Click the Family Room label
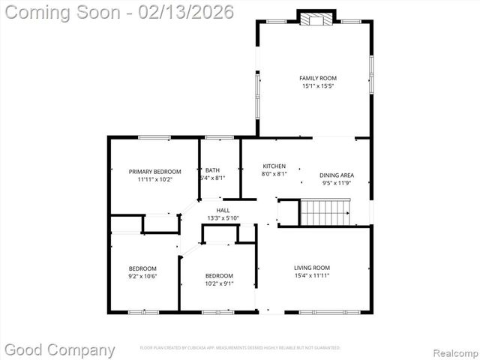pyautogui.click(x=318, y=78)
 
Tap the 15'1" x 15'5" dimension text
pyautogui.click(x=318, y=86)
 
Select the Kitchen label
pyautogui.click(x=274, y=166)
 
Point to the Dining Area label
pyautogui.click(x=337, y=175)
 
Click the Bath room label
pyautogui.click(x=212, y=170)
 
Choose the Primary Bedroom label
pyautogui.click(x=154, y=172)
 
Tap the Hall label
pyautogui.click(x=223, y=210)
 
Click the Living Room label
pyautogui.click(x=311, y=268)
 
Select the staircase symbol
pyautogui.click(x=325, y=211)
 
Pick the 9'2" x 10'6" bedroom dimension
pyautogui.click(x=142, y=277)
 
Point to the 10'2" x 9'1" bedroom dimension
pyautogui.click(x=219, y=283)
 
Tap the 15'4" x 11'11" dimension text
pyautogui.click(x=311, y=276)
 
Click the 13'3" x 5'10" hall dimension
pyautogui.click(x=223, y=218)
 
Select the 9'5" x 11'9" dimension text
pyautogui.click(x=337, y=183)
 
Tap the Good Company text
pyautogui.click(x=60, y=349)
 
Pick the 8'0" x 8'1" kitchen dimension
pyautogui.click(x=274, y=174)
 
